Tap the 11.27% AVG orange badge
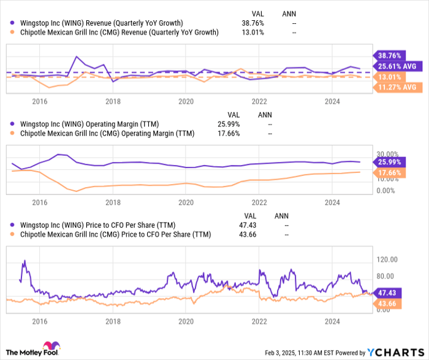point(397,88)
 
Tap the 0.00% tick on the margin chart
point(385,191)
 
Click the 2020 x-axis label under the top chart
point(186,101)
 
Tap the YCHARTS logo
point(394,352)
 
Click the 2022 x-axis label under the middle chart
point(259,202)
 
